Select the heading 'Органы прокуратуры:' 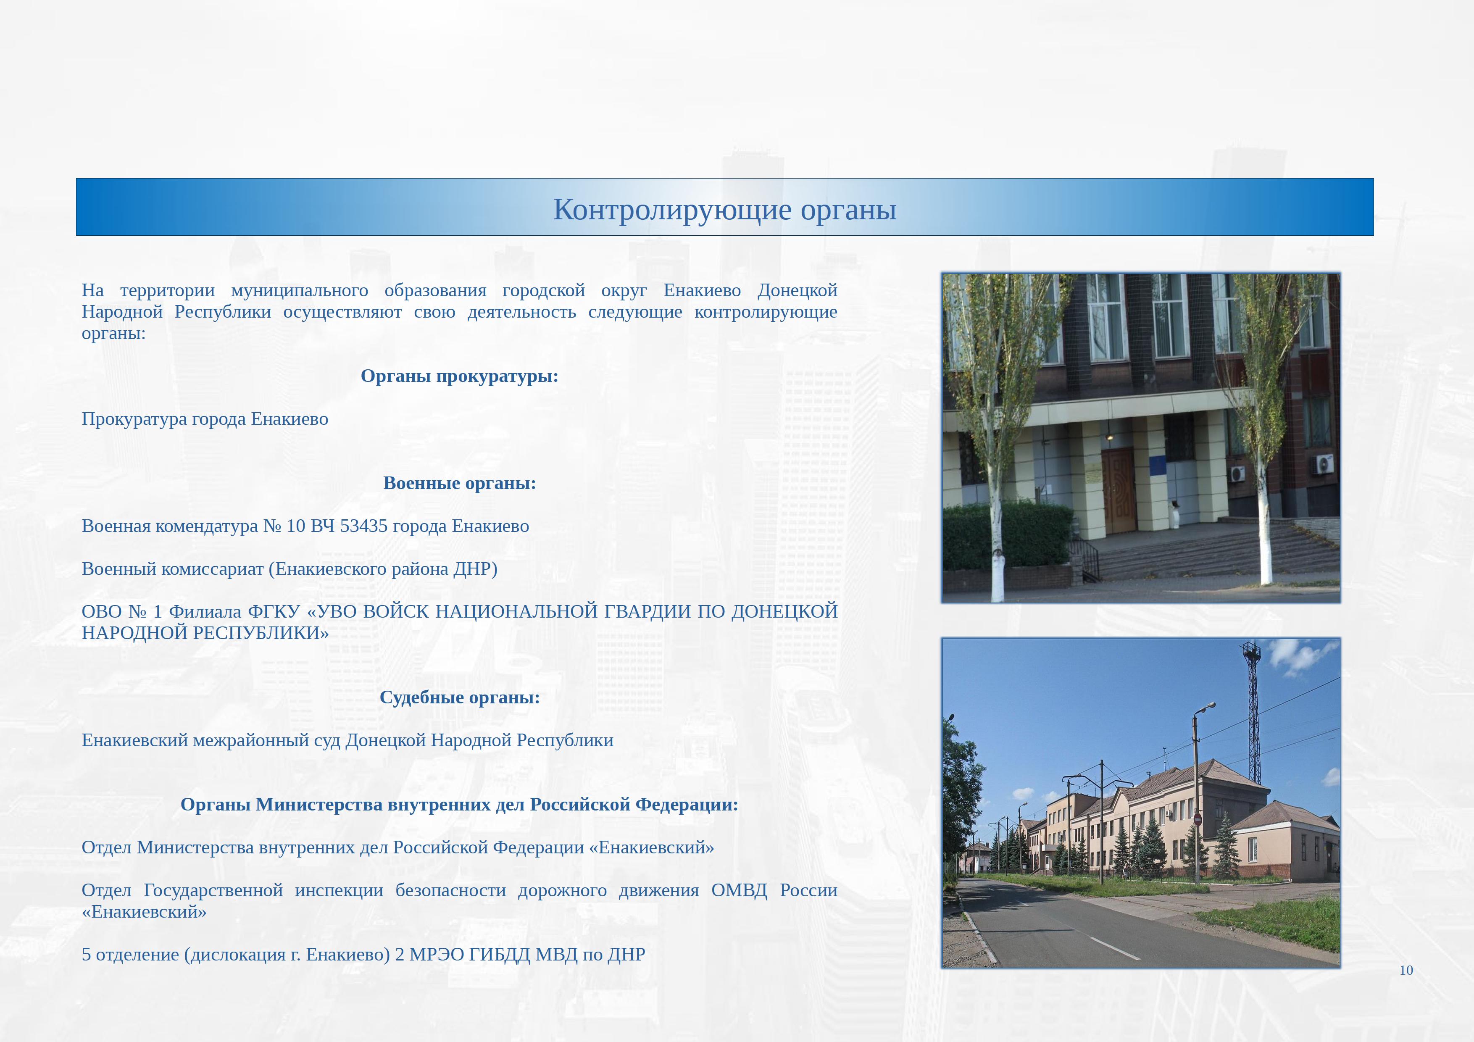pyautogui.click(x=460, y=376)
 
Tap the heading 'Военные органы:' pyautogui.click(x=460, y=483)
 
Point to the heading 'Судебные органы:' pyautogui.click(x=460, y=697)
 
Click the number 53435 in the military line pyautogui.click(x=363, y=526)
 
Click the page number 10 pyautogui.click(x=1406, y=970)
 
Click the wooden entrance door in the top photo pyautogui.click(x=1119, y=490)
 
